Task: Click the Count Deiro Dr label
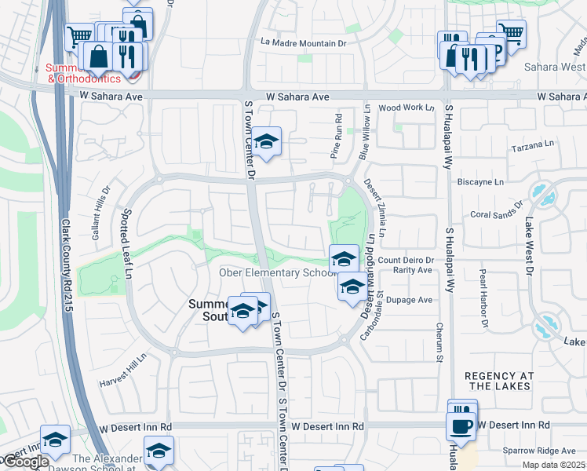click(x=406, y=260)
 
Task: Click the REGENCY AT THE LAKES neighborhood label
click(x=509, y=382)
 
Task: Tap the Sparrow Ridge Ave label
click(x=541, y=451)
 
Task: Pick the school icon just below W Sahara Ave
click(x=267, y=142)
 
